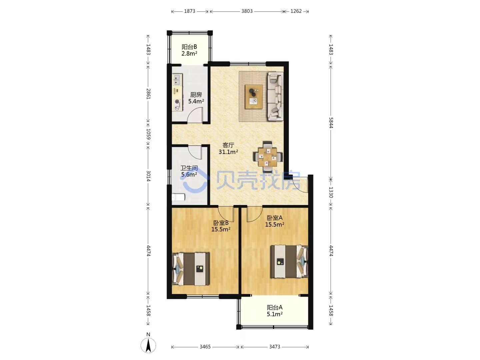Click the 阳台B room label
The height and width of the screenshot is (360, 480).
(x=189, y=47)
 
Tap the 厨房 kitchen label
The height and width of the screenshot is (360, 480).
(x=196, y=95)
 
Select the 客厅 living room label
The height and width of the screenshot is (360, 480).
(x=228, y=145)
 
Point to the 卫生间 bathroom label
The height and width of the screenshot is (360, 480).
(x=189, y=168)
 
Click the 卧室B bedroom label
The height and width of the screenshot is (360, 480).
(x=221, y=223)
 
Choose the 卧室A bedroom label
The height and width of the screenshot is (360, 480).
(x=275, y=218)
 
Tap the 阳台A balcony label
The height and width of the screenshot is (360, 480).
(x=275, y=308)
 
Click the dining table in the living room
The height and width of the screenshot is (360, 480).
(x=268, y=157)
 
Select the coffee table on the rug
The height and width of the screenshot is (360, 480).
(x=254, y=97)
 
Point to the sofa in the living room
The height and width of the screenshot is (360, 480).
(x=276, y=96)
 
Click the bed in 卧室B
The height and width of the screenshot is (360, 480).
(x=191, y=269)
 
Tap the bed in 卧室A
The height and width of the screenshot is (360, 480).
(x=289, y=262)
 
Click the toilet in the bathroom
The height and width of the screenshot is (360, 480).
(x=178, y=197)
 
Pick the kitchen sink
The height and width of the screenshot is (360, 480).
(x=177, y=80)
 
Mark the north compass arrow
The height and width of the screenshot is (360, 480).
(x=148, y=345)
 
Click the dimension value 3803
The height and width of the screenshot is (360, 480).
(x=247, y=11)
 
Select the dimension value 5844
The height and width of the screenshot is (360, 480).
(x=331, y=123)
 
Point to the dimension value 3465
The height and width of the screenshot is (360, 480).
(x=205, y=347)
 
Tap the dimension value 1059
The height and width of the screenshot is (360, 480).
(x=148, y=134)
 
